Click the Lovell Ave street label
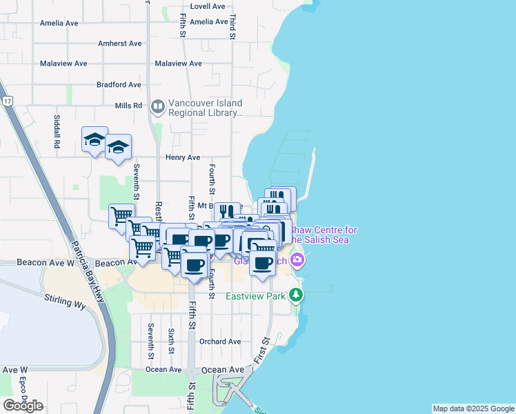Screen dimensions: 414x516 pyautogui.click(x=208, y=6)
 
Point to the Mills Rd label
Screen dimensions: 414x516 pyautogui.click(x=128, y=106)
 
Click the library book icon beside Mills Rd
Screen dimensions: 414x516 pyautogui.click(x=157, y=106)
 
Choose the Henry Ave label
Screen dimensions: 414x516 pyautogui.click(x=182, y=157)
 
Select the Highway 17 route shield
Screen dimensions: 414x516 pyautogui.click(x=8, y=101)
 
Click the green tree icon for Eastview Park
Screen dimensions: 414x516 pyautogui.click(x=296, y=295)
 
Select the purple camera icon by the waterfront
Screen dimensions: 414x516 pyautogui.click(x=297, y=260)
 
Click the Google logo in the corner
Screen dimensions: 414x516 pyautogui.click(x=23, y=406)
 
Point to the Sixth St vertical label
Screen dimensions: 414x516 pyautogui.click(x=170, y=341)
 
